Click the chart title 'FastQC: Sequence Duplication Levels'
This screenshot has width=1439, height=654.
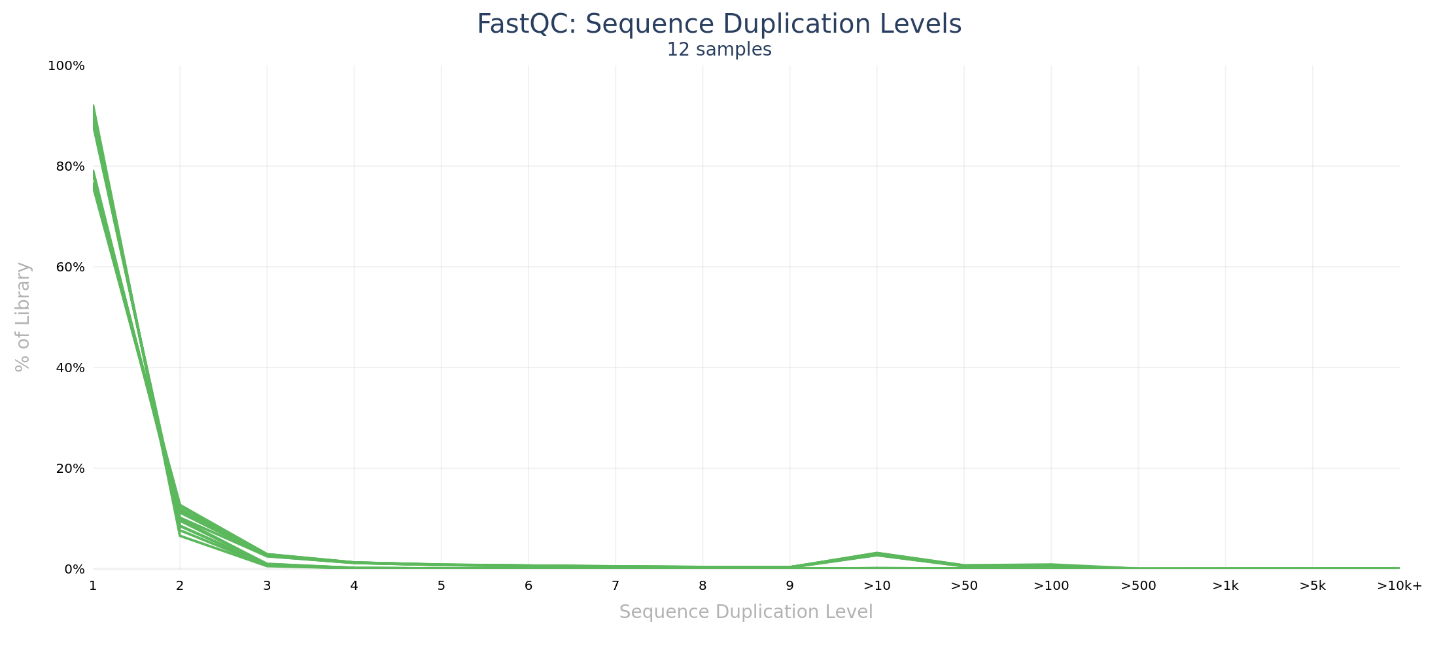(x=719, y=25)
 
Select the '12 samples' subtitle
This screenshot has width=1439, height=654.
(x=719, y=50)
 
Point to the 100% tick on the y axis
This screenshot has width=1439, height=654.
(x=66, y=66)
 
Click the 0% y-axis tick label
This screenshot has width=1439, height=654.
(x=74, y=570)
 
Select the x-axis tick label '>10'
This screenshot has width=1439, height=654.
(x=876, y=586)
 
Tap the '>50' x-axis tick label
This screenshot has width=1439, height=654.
(x=964, y=586)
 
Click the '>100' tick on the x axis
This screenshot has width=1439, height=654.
(x=1051, y=586)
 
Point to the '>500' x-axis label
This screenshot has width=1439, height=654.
(x=1138, y=586)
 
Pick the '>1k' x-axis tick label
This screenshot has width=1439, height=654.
(x=1225, y=586)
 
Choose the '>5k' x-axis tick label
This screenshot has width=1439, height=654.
(x=1312, y=586)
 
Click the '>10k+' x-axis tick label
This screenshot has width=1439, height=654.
(x=1399, y=586)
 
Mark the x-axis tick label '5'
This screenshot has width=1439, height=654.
(x=442, y=586)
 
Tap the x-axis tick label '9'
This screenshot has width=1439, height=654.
(x=789, y=586)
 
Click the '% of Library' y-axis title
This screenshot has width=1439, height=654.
(x=23, y=317)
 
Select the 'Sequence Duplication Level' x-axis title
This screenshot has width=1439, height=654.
(x=746, y=612)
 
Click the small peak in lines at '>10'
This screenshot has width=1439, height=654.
(x=876, y=554)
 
